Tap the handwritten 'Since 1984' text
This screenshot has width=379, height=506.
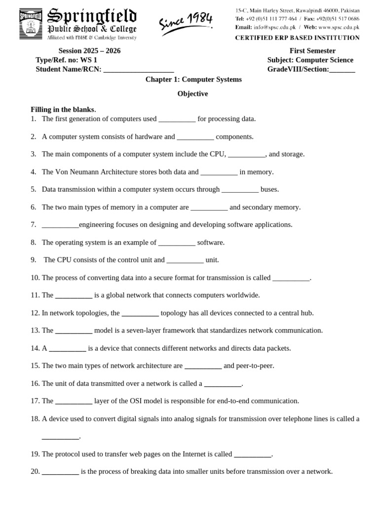(x=186, y=23)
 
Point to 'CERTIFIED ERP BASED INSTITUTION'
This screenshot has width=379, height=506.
(x=297, y=38)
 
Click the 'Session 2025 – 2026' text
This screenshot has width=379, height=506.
(x=89, y=51)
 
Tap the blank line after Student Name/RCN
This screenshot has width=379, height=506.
(x=139, y=70)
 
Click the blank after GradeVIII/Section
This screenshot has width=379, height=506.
(x=342, y=70)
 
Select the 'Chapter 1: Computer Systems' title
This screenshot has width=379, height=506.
(x=193, y=79)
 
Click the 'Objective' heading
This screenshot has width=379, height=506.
(x=193, y=94)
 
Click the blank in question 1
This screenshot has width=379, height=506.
(x=177, y=120)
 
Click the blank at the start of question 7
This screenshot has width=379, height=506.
(x=60, y=225)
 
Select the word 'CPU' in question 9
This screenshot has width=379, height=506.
(x=65, y=260)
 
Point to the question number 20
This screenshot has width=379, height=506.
(x=35, y=471)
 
